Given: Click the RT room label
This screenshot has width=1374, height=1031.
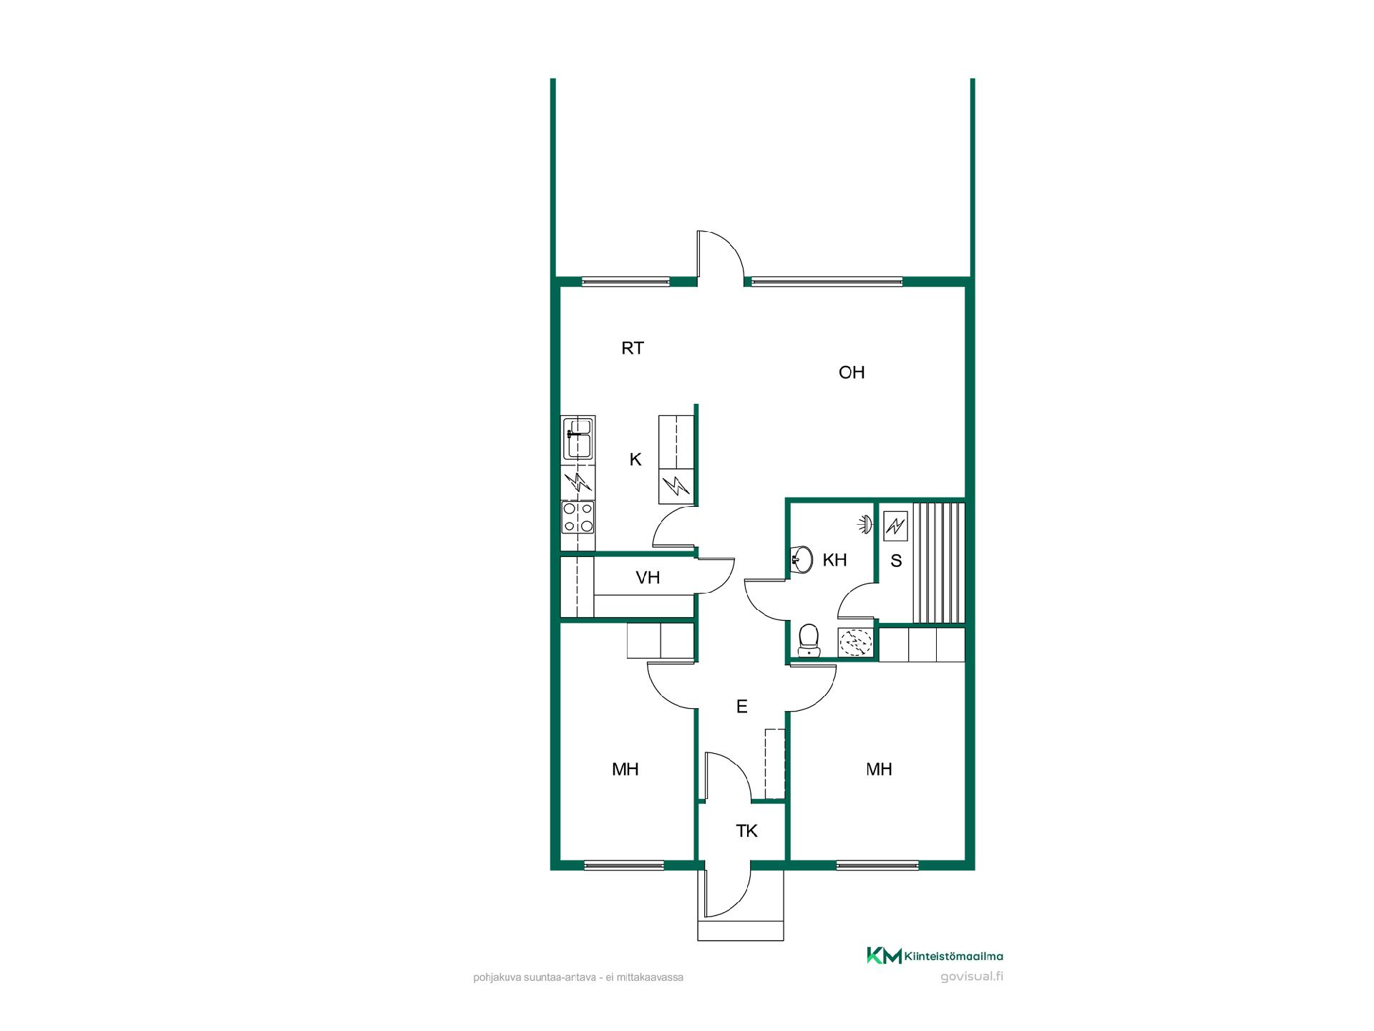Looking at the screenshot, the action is (x=633, y=349).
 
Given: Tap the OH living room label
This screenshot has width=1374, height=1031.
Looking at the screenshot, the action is (x=852, y=372).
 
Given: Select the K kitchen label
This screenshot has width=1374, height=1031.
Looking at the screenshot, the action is (x=635, y=460).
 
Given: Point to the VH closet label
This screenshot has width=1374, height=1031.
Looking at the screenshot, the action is (x=648, y=578).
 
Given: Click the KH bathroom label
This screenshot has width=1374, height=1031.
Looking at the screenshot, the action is (x=835, y=560).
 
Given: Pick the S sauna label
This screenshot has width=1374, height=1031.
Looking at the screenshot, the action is (x=897, y=561).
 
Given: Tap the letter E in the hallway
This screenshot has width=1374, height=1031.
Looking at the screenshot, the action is (x=742, y=707).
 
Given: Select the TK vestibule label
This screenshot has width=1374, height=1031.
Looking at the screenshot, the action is (x=747, y=831).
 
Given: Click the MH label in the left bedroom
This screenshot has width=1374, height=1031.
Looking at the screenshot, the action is (x=625, y=770).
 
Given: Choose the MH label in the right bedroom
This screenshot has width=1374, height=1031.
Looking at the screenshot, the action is (x=880, y=770).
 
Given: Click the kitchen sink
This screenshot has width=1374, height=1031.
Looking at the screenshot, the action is (x=578, y=438).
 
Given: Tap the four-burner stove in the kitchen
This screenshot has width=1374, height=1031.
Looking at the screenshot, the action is (x=578, y=517).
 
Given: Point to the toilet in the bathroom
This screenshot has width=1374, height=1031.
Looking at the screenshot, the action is (x=809, y=640).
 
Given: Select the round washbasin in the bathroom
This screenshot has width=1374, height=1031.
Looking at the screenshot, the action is (x=801, y=559).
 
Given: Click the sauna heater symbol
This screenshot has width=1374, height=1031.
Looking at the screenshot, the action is (x=895, y=527).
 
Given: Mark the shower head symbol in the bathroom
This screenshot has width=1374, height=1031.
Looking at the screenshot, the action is (x=867, y=524).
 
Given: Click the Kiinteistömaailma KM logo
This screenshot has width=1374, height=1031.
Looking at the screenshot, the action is (x=935, y=956).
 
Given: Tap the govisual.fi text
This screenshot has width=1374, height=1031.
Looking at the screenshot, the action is (x=972, y=977).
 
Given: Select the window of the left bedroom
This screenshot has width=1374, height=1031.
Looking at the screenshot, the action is (x=625, y=865).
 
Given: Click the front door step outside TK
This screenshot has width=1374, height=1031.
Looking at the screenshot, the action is (x=741, y=930).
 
